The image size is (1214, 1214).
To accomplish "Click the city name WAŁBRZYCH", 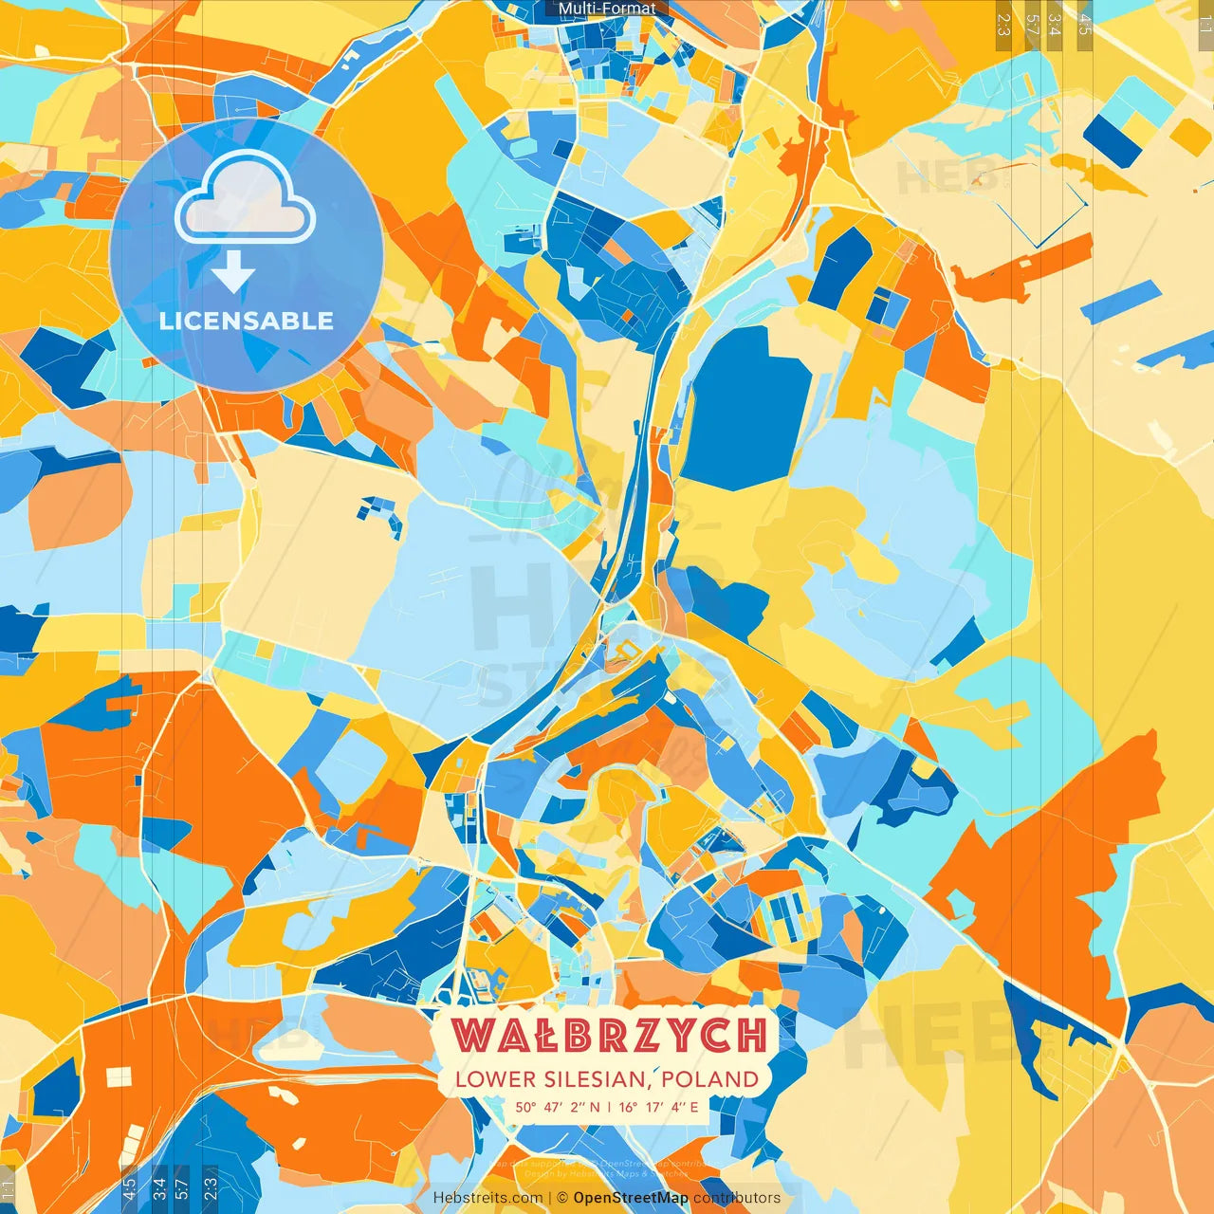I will coord(608,1035).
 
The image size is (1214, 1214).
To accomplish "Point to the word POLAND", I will coord(710,1079).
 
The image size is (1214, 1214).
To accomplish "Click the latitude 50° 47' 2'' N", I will coord(558,1107).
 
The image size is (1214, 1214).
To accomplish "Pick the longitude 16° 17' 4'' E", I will coord(658,1107).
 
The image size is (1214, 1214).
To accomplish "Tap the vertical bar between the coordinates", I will coord(608,1107).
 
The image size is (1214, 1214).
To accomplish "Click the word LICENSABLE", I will coord(247,321).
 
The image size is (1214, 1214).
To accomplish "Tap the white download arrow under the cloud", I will coord(233,274).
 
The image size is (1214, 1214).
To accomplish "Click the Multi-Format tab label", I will coord(607,9).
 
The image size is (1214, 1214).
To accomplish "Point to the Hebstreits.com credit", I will coord(487,1198).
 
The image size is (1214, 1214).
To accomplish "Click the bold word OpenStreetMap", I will coord(631,1198).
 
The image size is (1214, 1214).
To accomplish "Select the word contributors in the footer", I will coord(737,1198).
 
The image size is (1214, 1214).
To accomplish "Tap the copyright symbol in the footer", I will coord(562,1198).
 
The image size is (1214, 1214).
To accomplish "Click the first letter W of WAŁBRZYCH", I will coord(471,1035).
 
